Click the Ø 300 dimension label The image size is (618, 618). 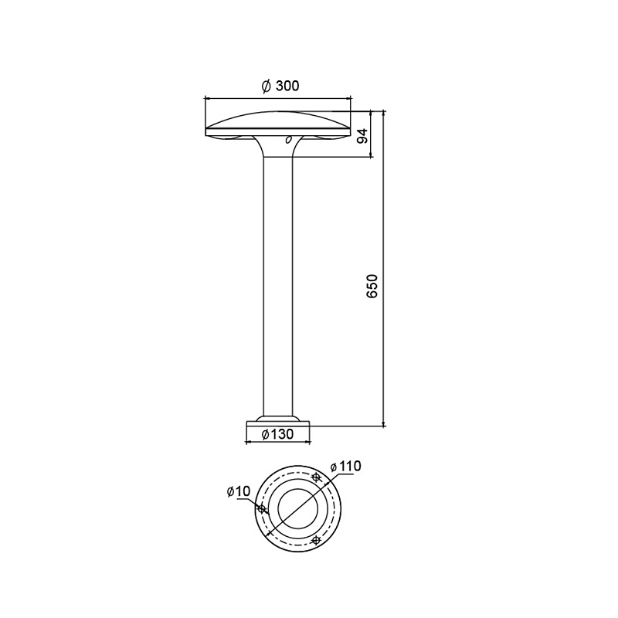[280, 86]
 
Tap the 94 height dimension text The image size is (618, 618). [363, 136]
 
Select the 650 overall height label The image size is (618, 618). [372, 286]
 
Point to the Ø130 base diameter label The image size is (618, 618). [277, 434]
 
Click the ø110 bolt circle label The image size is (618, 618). [345, 467]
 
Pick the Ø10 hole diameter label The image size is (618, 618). [239, 491]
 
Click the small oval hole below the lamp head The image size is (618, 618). [288, 139]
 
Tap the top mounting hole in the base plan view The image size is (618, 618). [316, 477]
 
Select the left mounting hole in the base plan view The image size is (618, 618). [261, 508]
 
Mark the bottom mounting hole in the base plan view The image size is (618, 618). [315, 539]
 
